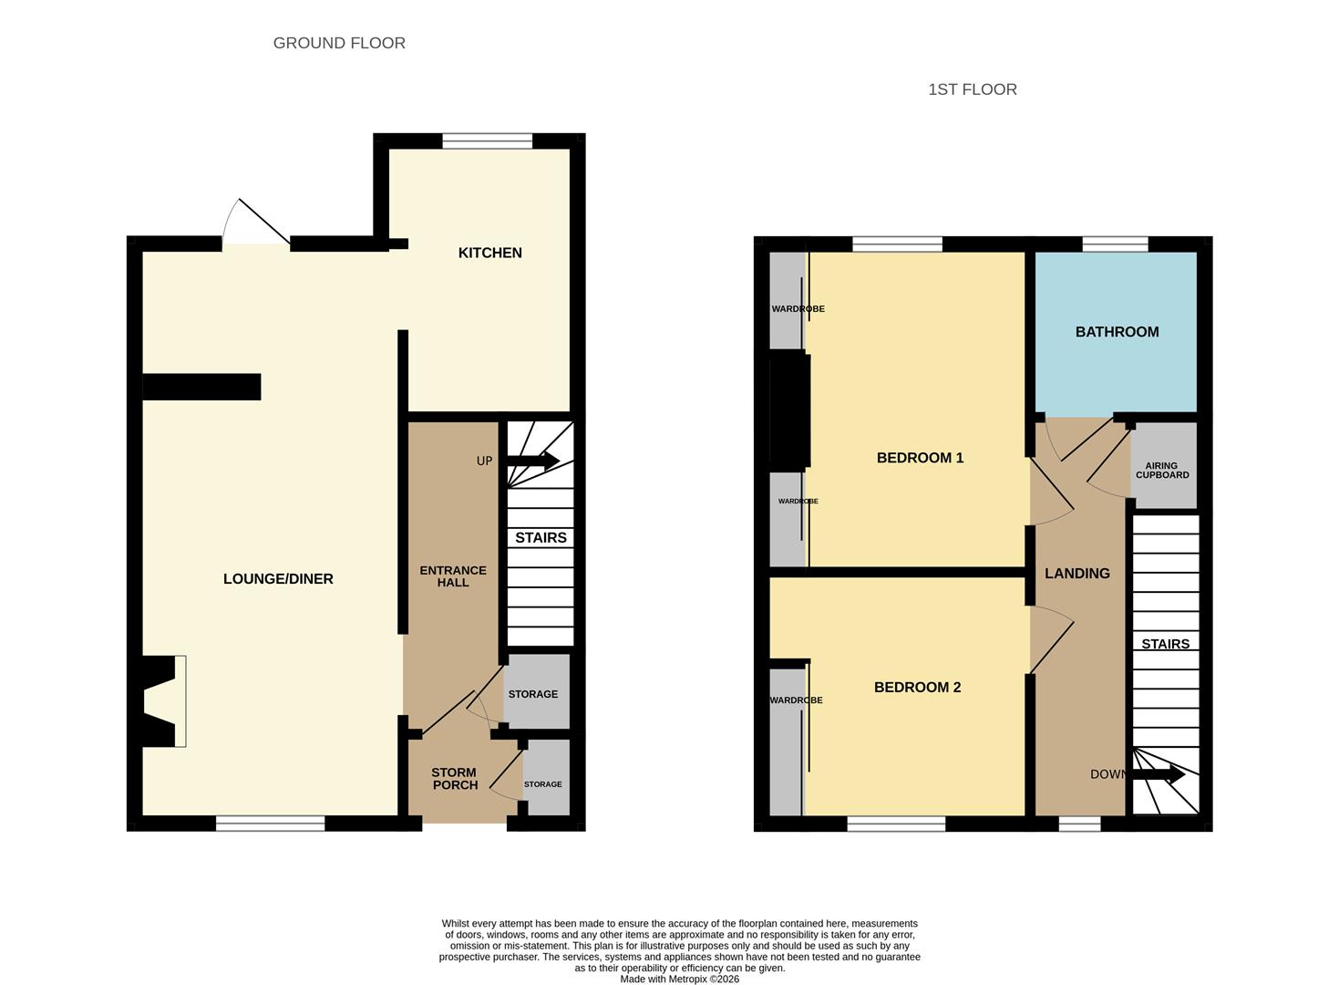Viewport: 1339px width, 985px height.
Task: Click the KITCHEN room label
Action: (x=489, y=253)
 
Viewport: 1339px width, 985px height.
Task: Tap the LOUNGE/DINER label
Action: (x=278, y=578)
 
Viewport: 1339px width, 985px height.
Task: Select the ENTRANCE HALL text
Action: (x=453, y=576)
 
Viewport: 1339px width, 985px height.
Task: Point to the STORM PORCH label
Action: (x=454, y=778)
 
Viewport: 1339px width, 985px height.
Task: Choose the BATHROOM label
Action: (x=1117, y=332)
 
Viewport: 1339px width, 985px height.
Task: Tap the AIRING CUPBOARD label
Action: (x=1162, y=471)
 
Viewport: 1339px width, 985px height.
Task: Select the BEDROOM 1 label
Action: (x=920, y=458)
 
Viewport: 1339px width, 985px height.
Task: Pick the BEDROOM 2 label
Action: (x=917, y=688)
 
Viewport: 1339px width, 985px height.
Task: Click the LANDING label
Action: (x=1076, y=574)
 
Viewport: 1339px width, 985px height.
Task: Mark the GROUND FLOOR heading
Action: (x=339, y=43)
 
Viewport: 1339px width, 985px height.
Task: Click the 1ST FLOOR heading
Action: (x=972, y=89)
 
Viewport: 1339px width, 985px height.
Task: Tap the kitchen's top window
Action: (x=487, y=140)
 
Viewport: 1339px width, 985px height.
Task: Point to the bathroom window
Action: (x=1114, y=244)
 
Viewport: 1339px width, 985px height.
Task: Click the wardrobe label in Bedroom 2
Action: (x=796, y=700)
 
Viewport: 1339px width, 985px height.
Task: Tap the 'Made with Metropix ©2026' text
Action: (x=679, y=979)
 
